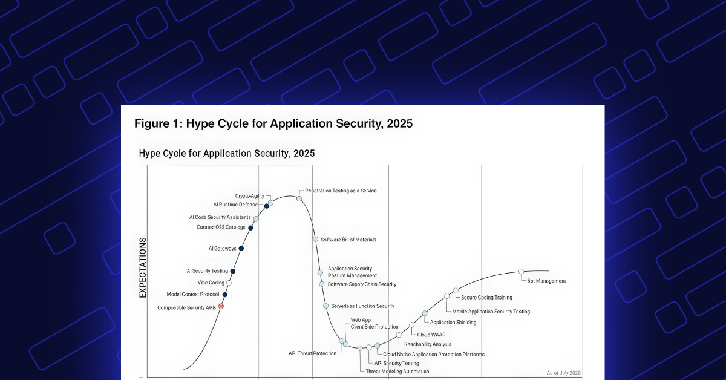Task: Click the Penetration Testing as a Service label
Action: coord(341,191)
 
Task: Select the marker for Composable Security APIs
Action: coord(221,307)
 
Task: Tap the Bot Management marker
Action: coord(521,272)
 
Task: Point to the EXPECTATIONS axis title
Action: coord(143,267)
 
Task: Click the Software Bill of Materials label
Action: coord(348,240)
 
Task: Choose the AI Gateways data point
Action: coord(241,248)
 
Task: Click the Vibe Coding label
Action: coord(211,283)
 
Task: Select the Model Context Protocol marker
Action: coord(224,295)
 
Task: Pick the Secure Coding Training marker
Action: coord(455,290)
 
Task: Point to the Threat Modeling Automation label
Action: coord(397,371)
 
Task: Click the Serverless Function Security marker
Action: coord(325,306)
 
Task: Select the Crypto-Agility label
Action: coord(249,196)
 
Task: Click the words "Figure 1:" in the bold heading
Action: coord(158,124)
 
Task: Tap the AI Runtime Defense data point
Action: coord(266,206)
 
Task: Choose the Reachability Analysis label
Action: coord(428,344)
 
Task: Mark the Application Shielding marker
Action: coord(425,313)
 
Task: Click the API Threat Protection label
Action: coord(312,353)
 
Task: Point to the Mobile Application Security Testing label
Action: coord(491,312)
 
